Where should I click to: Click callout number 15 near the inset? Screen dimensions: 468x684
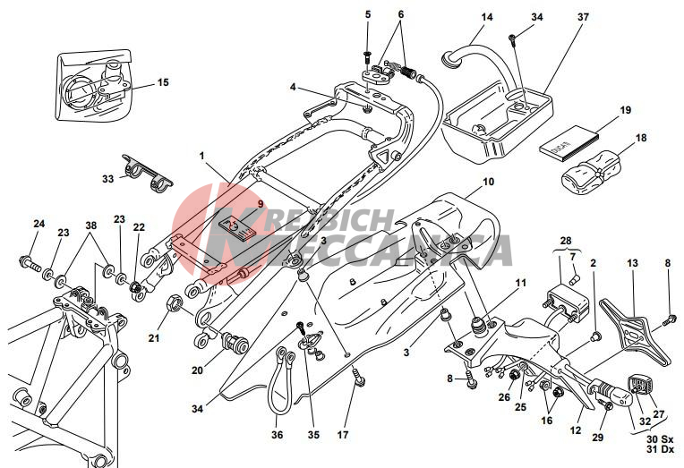click(x=163, y=83)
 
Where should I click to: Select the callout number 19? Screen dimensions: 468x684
click(x=625, y=111)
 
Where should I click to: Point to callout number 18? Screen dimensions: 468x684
click(x=640, y=139)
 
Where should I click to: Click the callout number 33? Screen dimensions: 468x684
click(x=107, y=179)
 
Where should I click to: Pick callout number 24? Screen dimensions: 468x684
click(x=38, y=224)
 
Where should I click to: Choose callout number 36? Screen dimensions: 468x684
click(x=278, y=435)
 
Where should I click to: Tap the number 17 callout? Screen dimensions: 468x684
click(x=343, y=436)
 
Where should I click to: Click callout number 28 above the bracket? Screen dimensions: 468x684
click(x=566, y=242)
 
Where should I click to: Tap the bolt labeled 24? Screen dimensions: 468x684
click(x=29, y=264)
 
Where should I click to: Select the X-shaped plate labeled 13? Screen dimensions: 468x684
click(x=637, y=328)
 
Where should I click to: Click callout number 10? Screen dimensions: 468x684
click(x=488, y=182)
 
